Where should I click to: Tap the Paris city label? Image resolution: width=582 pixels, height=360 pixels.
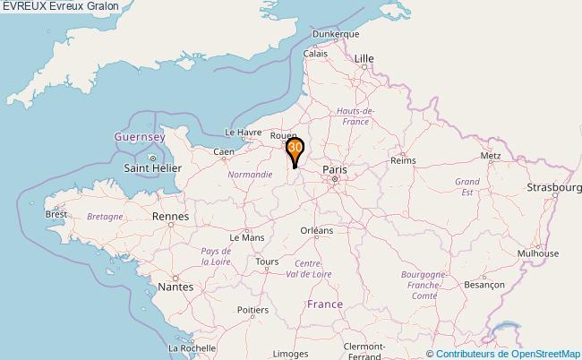pyautogui.click(x=335, y=168)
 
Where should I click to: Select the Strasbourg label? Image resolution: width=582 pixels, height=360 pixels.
pyautogui.click(x=554, y=187)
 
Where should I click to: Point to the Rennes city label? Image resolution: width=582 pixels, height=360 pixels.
pyautogui.click(x=170, y=217)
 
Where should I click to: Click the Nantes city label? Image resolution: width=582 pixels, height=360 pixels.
pyautogui.click(x=175, y=287)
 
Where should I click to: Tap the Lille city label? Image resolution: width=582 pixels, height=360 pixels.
pyautogui.click(x=364, y=58)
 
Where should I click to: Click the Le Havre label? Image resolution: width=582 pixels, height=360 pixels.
pyautogui.click(x=242, y=133)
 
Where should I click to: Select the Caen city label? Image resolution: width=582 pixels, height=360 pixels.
pyautogui.click(x=223, y=152)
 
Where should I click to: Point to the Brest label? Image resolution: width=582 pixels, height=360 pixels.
pyautogui.click(x=56, y=214)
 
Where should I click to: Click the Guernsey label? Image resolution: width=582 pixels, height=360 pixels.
pyautogui.click(x=140, y=137)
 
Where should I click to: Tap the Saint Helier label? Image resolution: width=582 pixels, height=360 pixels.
pyautogui.click(x=153, y=167)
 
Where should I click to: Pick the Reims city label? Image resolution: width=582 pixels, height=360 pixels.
pyautogui.click(x=404, y=160)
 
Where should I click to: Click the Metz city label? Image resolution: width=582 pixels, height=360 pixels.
pyautogui.click(x=491, y=155)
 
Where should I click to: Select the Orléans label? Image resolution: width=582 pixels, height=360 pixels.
pyautogui.click(x=316, y=230)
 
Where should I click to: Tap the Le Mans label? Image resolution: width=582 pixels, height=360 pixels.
pyautogui.click(x=246, y=238)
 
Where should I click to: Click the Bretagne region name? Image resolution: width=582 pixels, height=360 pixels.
pyautogui.click(x=105, y=217)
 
